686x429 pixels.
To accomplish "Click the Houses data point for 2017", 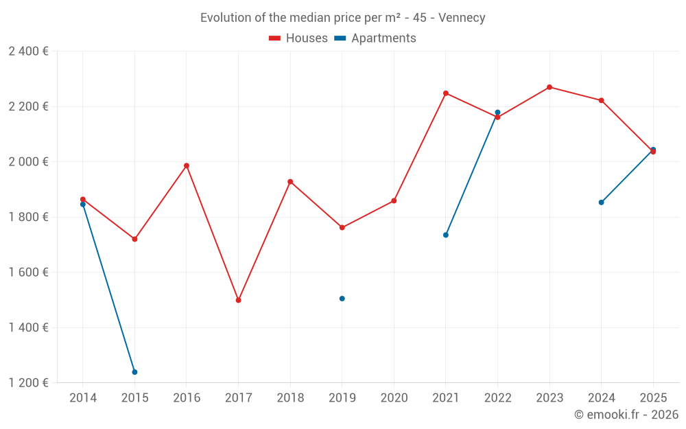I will [x=238, y=300].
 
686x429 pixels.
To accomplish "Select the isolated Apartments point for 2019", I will [x=342, y=299].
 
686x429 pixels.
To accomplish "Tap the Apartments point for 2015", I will [x=134, y=372].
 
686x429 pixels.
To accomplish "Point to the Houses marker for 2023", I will [x=549, y=87].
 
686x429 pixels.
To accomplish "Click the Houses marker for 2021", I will [x=446, y=93].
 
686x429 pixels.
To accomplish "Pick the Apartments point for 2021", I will [x=446, y=235].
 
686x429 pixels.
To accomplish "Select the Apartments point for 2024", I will [x=601, y=202].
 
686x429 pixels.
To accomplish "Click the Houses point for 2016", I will [x=187, y=165].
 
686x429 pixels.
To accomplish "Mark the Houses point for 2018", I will [x=290, y=182].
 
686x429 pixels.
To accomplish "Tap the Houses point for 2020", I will [x=394, y=201].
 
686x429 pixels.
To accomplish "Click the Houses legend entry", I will [x=298, y=38].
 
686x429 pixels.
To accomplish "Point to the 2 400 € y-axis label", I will [x=28, y=51].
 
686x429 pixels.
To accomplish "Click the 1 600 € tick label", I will [x=28, y=273].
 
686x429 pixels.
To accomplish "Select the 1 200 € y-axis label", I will [x=28, y=383].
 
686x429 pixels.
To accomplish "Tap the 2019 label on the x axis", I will [x=342, y=397].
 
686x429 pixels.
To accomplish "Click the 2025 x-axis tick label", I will [x=652, y=397].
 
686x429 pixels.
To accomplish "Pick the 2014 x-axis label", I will [x=83, y=397].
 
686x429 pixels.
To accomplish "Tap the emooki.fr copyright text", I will [x=626, y=415].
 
